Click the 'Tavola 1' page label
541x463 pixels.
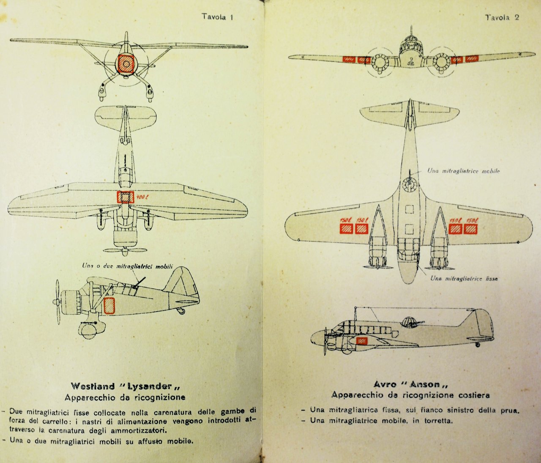click(218, 17)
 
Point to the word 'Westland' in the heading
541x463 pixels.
click(93, 386)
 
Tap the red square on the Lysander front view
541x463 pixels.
click(126, 63)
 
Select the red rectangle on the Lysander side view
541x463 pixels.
click(109, 305)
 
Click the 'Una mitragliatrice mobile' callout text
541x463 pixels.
click(463, 171)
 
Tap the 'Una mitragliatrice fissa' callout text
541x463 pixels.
click(464, 279)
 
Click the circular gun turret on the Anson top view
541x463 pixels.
click(409, 184)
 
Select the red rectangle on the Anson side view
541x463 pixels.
click(361, 341)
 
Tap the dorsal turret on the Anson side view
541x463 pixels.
click(408, 322)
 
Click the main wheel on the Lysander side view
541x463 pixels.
click(88, 330)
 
